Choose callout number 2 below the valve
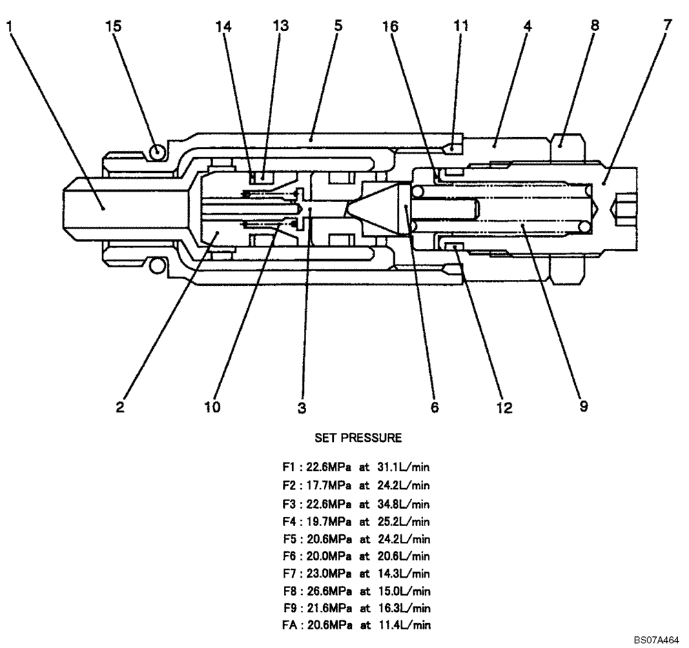[120, 407]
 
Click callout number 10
[212, 407]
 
